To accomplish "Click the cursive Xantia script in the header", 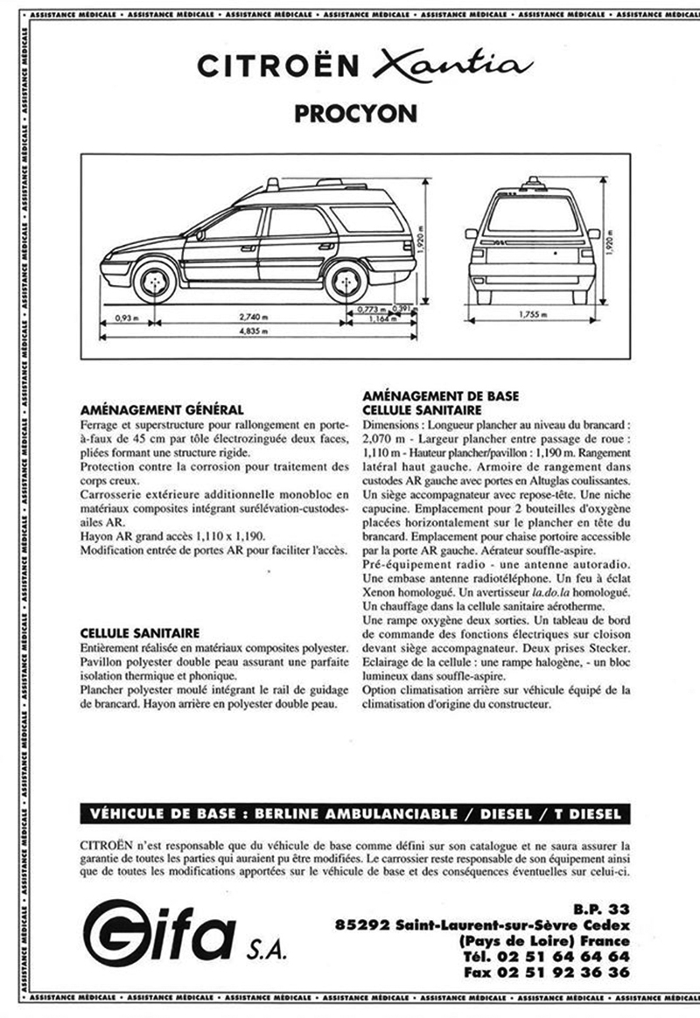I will [x=450, y=66].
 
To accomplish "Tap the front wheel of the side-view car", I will [x=156, y=282].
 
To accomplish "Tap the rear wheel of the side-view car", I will [x=346, y=282].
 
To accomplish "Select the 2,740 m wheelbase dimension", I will [x=253, y=318].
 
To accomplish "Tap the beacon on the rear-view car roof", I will [x=532, y=183].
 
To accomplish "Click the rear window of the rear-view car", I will [x=532, y=213].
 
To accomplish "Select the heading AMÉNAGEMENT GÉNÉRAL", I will [x=162, y=409].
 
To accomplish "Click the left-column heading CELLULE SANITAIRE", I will [x=140, y=632].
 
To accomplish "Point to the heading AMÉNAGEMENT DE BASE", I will [x=436, y=396].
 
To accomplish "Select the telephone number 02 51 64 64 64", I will [x=570, y=957].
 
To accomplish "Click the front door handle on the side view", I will [x=248, y=248].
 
